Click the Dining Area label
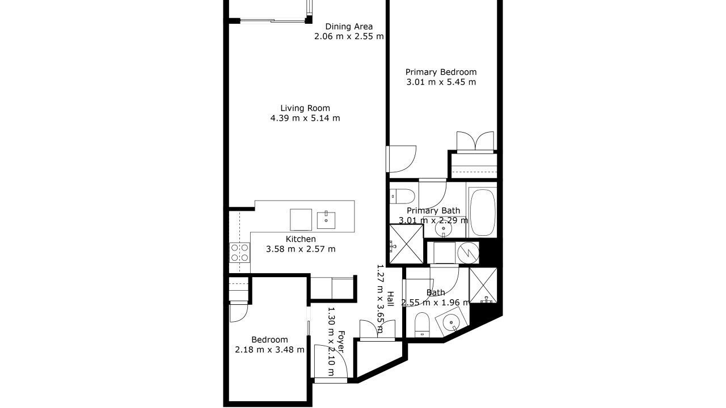349,27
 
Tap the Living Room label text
305,108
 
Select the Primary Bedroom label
441,72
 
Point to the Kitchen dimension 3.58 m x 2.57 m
301,249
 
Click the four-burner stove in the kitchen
239,253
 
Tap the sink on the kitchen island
326,220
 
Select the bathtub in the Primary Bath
483,212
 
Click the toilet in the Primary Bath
402,196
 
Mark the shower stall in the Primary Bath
407,244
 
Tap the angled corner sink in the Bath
452,322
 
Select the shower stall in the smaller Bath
483,285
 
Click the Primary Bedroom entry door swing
403,159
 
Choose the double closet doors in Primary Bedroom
475,141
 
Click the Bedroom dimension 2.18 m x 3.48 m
269,350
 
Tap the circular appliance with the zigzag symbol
467,253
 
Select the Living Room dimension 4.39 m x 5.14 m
305,118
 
